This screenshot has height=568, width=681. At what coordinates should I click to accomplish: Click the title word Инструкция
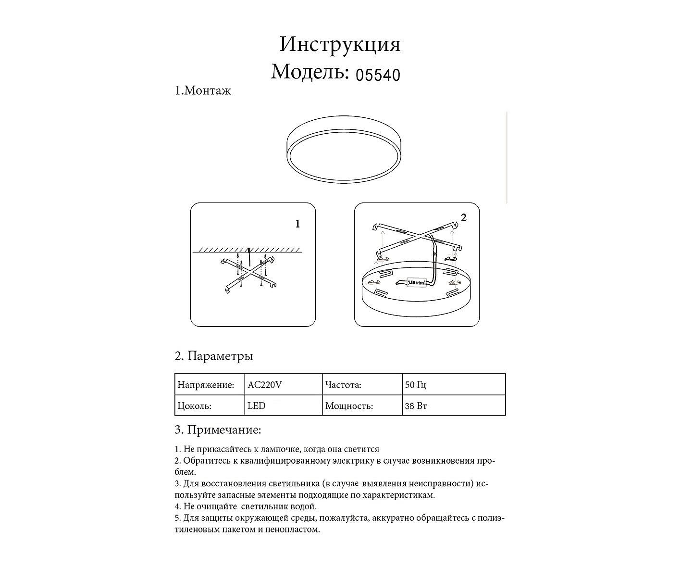click(x=340, y=44)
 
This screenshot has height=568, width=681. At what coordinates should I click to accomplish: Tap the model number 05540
click(x=378, y=75)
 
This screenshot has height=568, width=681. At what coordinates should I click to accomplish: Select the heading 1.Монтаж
click(x=203, y=91)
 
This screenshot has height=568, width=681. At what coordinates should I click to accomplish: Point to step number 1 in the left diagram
click(x=297, y=224)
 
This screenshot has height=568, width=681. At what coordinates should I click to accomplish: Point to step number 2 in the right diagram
click(x=463, y=218)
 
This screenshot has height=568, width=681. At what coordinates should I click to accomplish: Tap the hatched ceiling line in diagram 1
click(x=248, y=250)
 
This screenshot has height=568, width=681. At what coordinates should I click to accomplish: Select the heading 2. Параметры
click(x=214, y=356)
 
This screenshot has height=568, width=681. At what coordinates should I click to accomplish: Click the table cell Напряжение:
click(x=206, y=385)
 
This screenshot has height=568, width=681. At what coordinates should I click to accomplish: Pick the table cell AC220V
click(x=265, y=385)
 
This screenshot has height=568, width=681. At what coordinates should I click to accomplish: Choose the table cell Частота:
click(x=343, y=385)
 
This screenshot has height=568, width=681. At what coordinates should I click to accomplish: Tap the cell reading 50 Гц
click(x=416, y=385)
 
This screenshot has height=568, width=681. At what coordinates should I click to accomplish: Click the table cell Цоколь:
click(x=194, y=406)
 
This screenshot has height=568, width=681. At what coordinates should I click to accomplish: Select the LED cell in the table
click(x=256, y=406)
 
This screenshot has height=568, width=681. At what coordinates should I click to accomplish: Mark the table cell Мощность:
click(x=349, y=406)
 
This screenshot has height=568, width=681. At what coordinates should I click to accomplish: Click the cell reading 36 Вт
click(x=416, y=406)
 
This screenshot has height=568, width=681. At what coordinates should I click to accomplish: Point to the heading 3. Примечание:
click(x=218, y=429)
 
